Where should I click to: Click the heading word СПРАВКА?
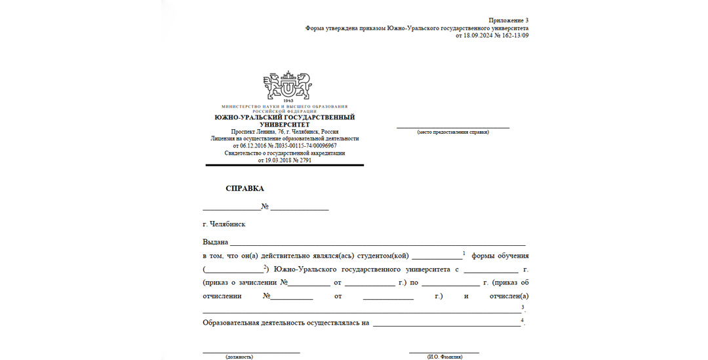tap(245, 188)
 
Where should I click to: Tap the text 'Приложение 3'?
tap(509, 21)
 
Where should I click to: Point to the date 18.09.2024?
tap(477, 35)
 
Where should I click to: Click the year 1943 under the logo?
tap(285, 102)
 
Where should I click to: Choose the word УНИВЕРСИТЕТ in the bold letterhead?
tap(285, 124)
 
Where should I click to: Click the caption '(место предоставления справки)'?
tap(453, 132)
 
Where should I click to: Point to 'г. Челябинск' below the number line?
tap(224, 224)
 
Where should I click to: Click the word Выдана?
tap(216, 242)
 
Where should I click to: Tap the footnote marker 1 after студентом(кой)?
tap(464, 253)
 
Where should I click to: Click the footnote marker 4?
tap(522, 320)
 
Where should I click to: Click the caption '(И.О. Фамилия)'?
tap(444, 357)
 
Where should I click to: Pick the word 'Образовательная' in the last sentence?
tap(231, 323)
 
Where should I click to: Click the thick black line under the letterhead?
tap(285, 165)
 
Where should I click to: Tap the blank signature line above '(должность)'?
tap(251, 352)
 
